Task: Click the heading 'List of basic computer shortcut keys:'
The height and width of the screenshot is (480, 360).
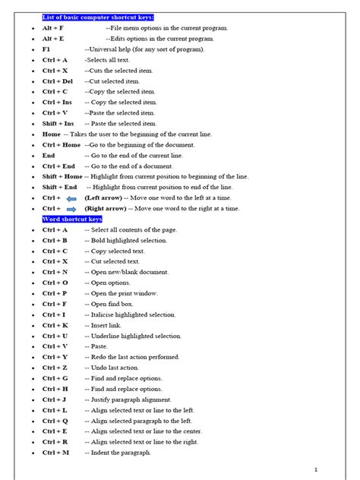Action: [98, 16]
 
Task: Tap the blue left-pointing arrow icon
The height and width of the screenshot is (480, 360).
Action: [71, 197]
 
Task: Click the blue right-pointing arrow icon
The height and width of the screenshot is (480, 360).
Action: [71, 208]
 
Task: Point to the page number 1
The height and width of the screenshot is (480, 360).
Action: [325, 469]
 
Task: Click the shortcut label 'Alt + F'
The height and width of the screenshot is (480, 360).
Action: [53, 27]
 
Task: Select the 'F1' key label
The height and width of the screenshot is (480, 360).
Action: [47, 49]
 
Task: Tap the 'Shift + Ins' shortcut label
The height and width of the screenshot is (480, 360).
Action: [58, 123]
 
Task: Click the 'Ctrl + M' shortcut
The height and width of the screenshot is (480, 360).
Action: [55, 453]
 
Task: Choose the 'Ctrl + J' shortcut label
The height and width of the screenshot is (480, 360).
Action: [55, 399]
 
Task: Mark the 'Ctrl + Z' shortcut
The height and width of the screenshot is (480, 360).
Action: [55, 368]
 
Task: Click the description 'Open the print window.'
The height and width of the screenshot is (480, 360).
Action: [126, 293]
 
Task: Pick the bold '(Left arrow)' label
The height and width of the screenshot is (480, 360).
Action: [104, 197]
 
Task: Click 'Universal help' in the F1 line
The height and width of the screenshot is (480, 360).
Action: [110, 49]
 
